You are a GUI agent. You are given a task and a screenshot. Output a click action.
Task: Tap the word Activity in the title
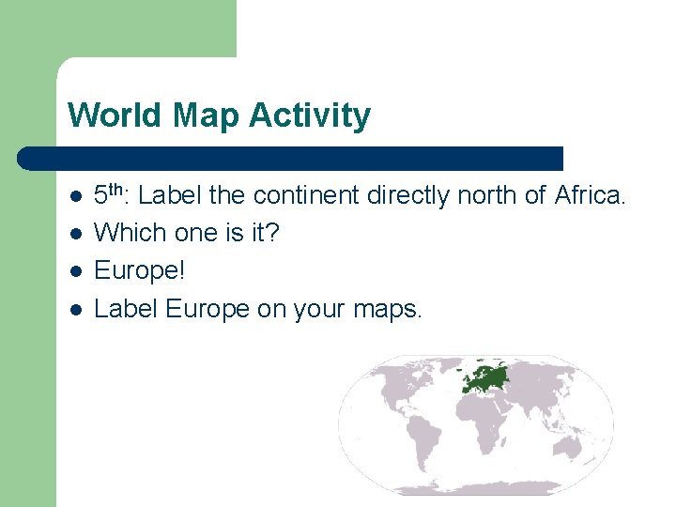[x=311, y=116]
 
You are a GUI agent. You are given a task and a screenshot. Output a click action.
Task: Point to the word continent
[x=305, y=196]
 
